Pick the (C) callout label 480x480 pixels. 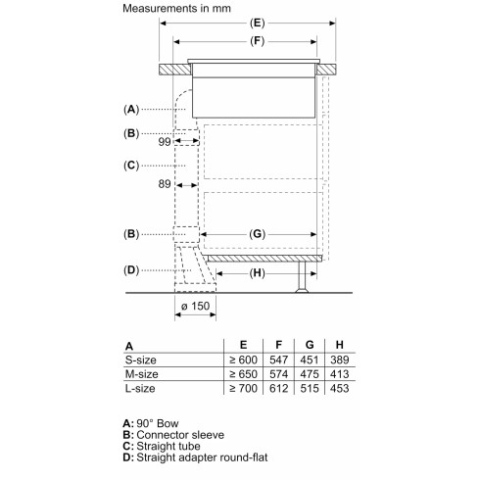coord(131,166)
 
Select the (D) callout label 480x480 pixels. coord(131,269)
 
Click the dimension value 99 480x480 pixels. coord(165,142)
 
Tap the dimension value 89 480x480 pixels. coord(165,184)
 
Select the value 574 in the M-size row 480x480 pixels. coord(278,376)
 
